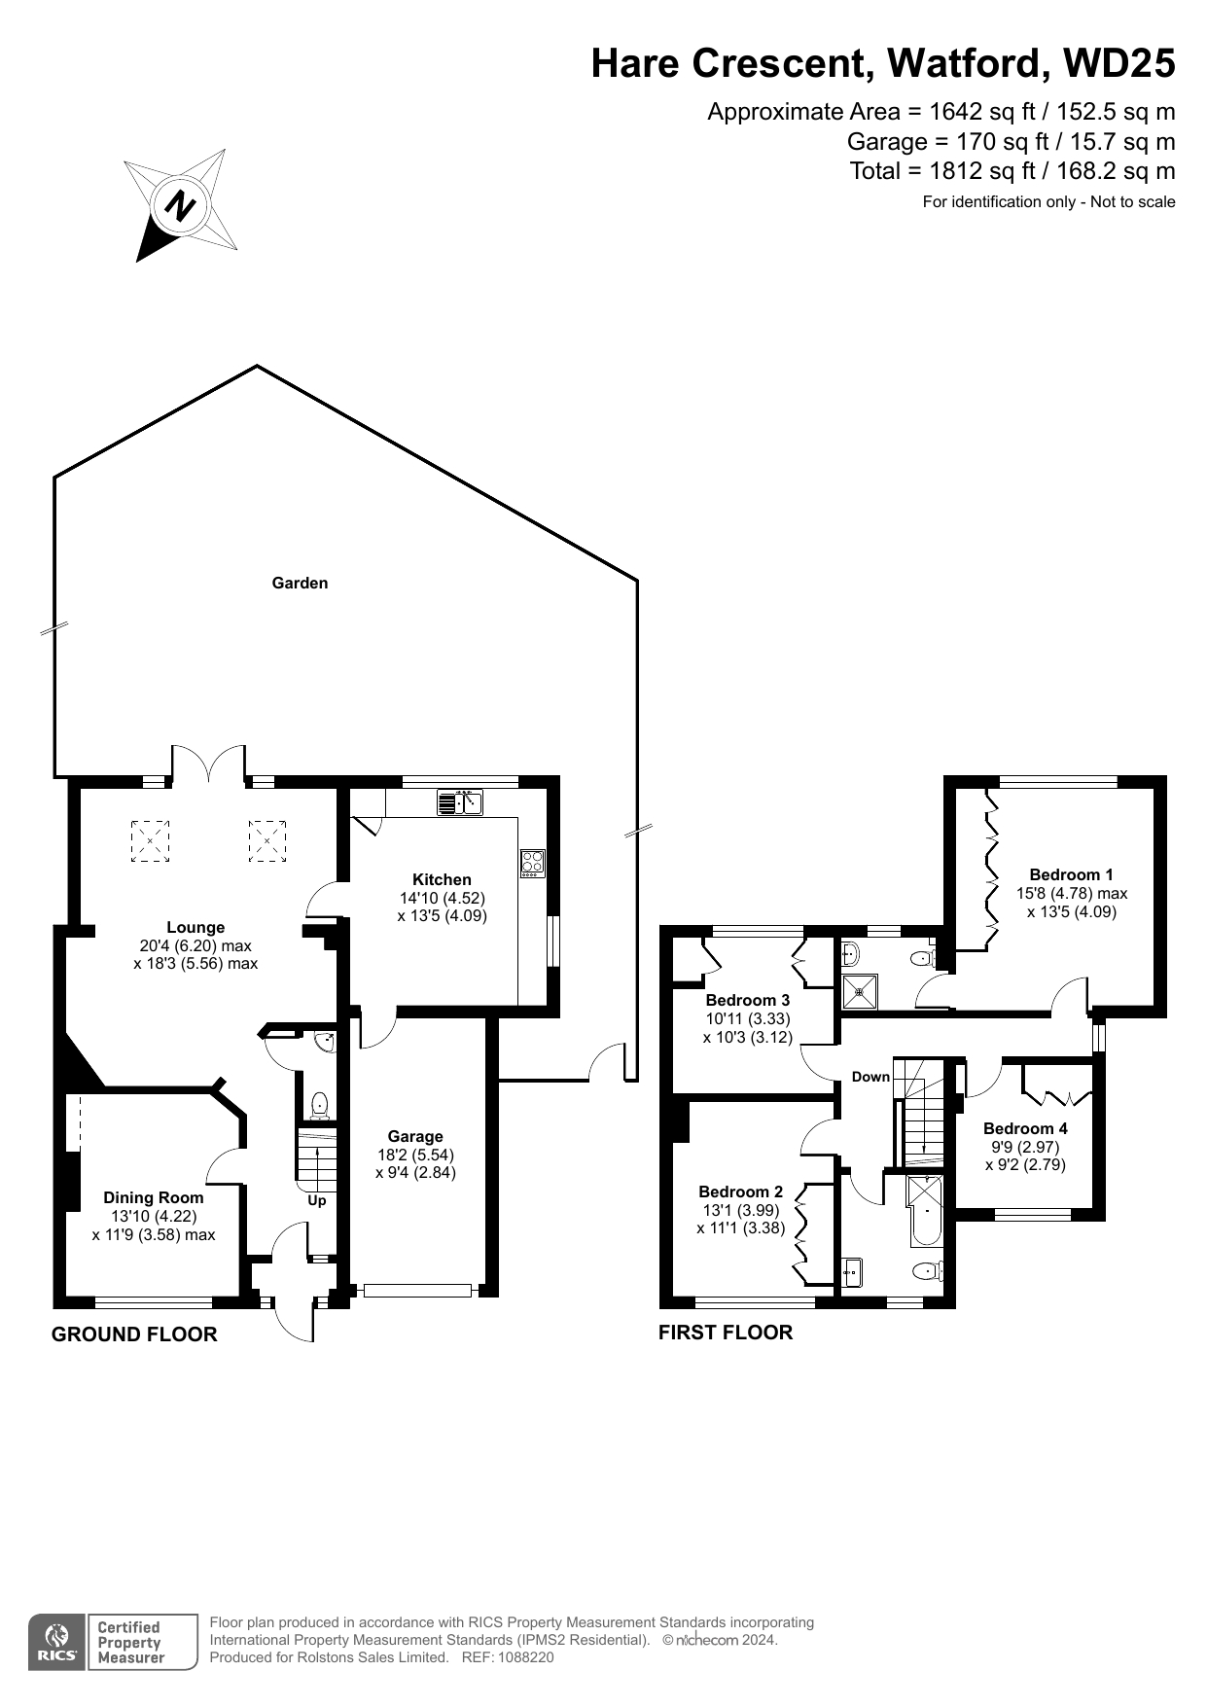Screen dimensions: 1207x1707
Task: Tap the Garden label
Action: coord(300,584)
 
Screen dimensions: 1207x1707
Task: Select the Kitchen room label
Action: coord(442,879)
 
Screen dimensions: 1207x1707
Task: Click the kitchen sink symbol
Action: coord(460,802)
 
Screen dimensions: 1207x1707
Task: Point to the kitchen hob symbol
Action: coord(532,863)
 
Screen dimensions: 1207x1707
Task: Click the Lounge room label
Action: coord(195,928)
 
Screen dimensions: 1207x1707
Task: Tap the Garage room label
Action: coord(415,1136)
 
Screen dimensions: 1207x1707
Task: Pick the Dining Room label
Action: coord(154,1198)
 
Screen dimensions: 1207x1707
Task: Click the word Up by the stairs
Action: coord(317,1200)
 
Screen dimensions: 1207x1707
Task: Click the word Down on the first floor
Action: coord(870,1077)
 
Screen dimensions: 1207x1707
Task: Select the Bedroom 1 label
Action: coord(1072,874)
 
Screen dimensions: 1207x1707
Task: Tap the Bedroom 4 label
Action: coord(1025,1128)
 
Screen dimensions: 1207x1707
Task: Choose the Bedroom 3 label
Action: coord(748,1000)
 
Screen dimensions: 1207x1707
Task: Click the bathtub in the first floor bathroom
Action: coord(925,1211)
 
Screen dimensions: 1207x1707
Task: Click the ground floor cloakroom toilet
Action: coord(318,1106)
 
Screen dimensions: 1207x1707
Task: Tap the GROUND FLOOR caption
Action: coord(134,1334)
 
